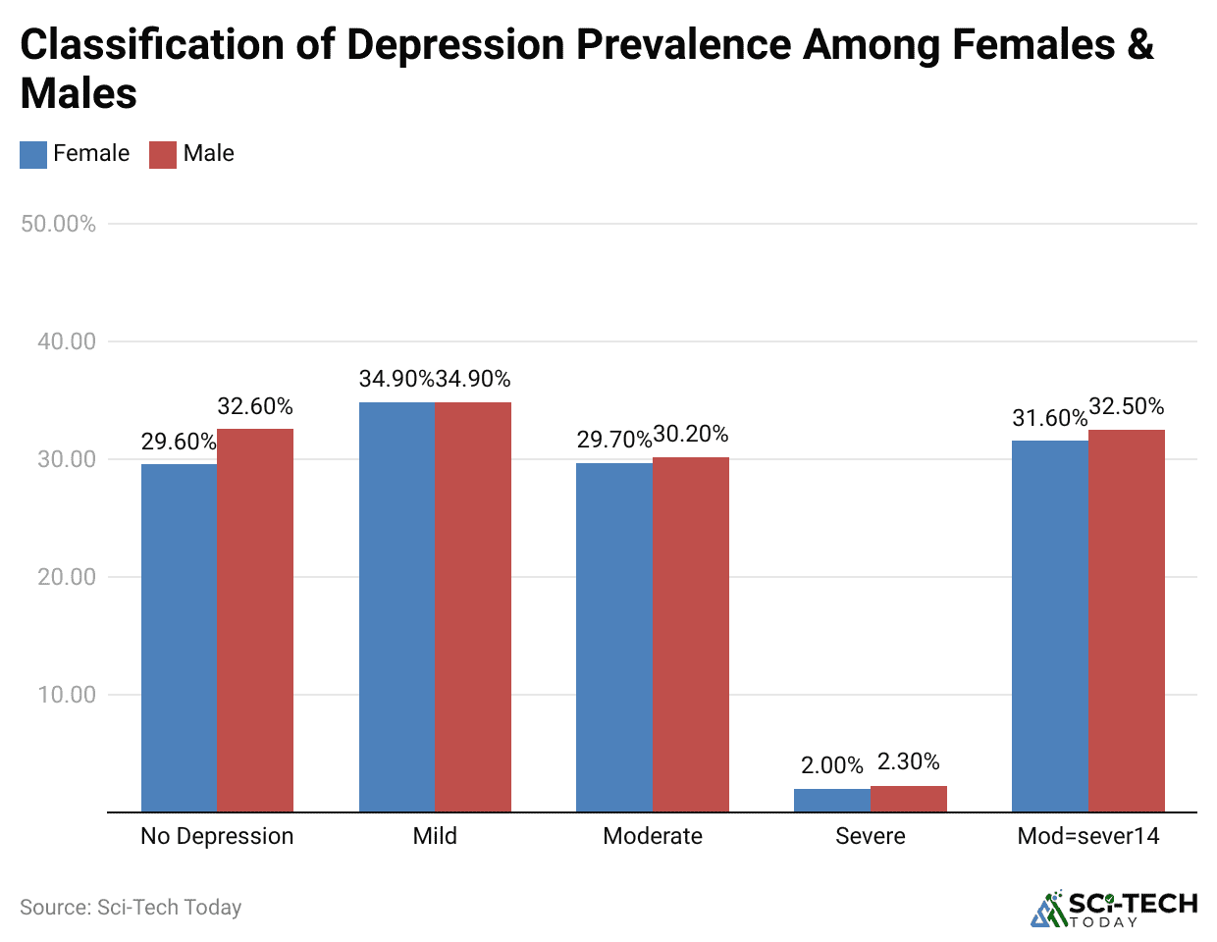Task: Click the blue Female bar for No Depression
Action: click(179, 638)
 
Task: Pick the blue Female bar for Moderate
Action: click(614, 637)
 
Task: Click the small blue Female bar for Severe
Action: click(832, 801)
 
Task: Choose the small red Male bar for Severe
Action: click(909, 799)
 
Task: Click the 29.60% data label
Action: click(179, 442)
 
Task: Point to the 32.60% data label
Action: click(255, 406)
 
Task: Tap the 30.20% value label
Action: click(691, 434)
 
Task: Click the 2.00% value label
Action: click(832, 765)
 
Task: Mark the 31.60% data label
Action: click(1050, 418)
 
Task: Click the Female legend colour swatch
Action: click(33, 154)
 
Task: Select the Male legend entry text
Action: click(208, 153)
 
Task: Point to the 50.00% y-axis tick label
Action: click(59, 224)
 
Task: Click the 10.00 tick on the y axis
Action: click(67, 695)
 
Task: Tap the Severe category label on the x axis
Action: click(871, 836)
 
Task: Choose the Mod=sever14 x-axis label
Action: click(1088, 836)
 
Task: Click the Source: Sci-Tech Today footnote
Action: click(131, 907)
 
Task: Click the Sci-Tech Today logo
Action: click(1114, 909)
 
